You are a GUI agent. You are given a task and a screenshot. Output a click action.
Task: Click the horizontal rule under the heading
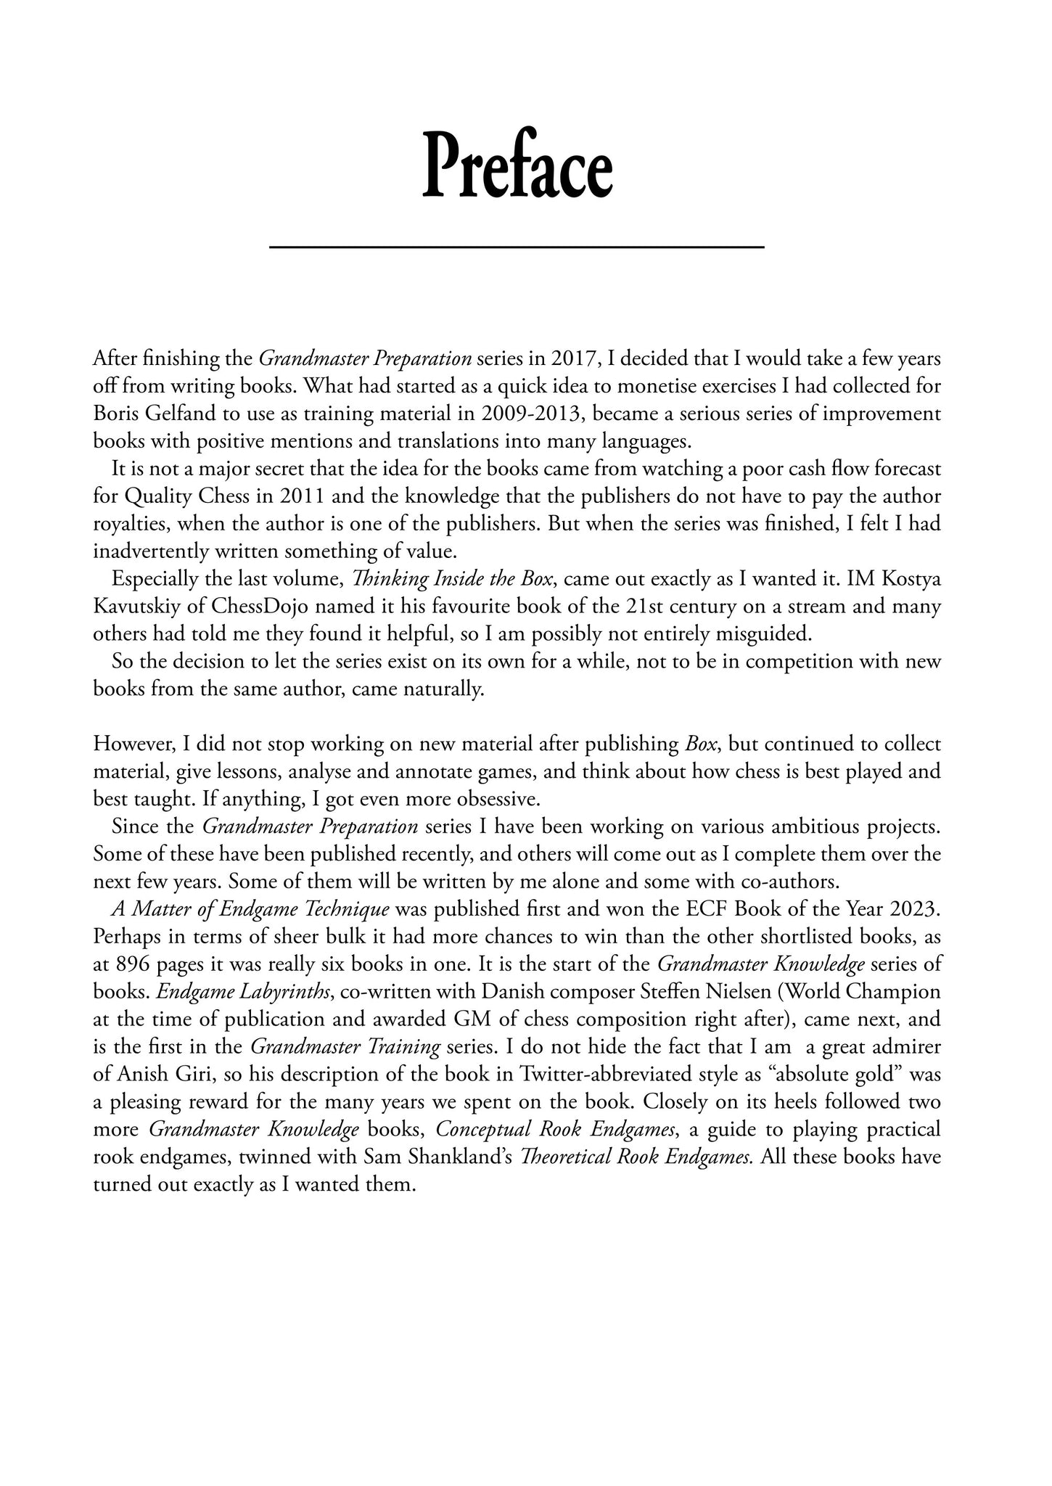(x=517, y=247)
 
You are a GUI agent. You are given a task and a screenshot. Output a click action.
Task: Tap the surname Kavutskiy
(x=133, y=607)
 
